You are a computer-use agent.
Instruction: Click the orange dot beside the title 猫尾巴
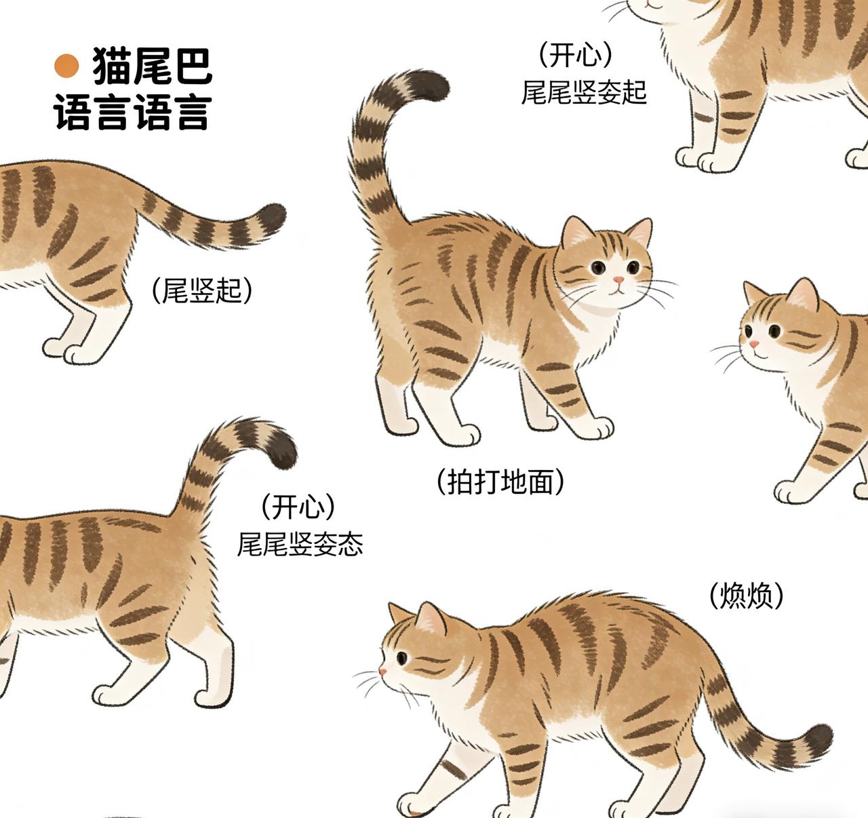click(x=66, y=66)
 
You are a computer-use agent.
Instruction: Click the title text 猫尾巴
click(x=153, y=66)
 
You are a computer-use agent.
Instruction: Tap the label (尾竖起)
click(x=202, y=290)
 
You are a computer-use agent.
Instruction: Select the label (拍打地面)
click(x=500, y=482)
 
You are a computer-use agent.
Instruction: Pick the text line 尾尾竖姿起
click(x=584, y=92)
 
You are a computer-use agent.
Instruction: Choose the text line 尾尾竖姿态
click(x=300, y=544)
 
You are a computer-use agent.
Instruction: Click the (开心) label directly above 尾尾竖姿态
click(x=298, y=507)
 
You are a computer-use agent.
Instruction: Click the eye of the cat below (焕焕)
click(x=402, y=657)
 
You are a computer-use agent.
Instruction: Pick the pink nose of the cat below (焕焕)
click(x=382, y=671)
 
